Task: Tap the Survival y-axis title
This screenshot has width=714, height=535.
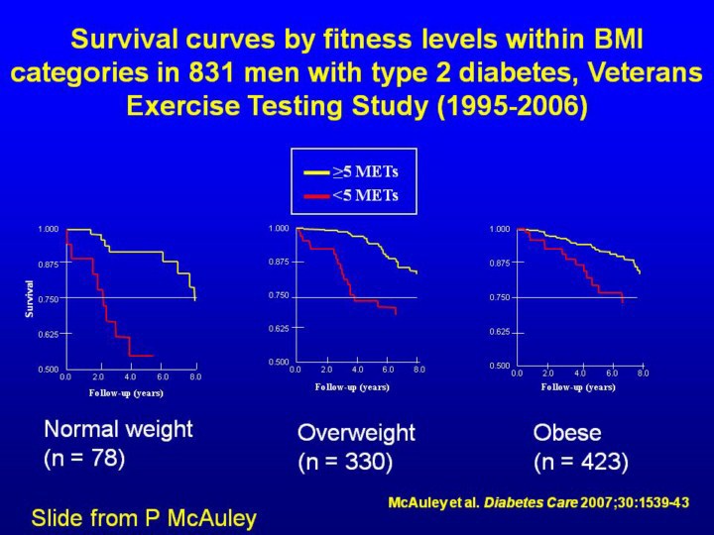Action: coord(30,298)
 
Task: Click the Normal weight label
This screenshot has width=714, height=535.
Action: coord(118,430)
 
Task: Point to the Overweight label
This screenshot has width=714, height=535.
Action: coord(356,433)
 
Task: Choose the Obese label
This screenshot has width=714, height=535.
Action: coord(567,433)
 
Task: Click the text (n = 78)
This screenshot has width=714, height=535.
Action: coord(84,459)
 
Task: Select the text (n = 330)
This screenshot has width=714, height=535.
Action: coord(345,462)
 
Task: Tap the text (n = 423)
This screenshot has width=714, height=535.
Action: coord(580,462)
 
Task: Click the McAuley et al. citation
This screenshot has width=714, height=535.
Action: coord(537,503)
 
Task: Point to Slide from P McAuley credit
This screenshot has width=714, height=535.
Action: coord(144,517)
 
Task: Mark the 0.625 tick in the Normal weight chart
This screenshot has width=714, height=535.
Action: coord(48,334)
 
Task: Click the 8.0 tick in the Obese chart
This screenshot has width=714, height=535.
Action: coord(643,373)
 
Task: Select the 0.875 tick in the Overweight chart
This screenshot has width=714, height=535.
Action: coord(279,262)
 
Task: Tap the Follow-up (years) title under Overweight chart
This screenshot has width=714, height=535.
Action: coord(352,386)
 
